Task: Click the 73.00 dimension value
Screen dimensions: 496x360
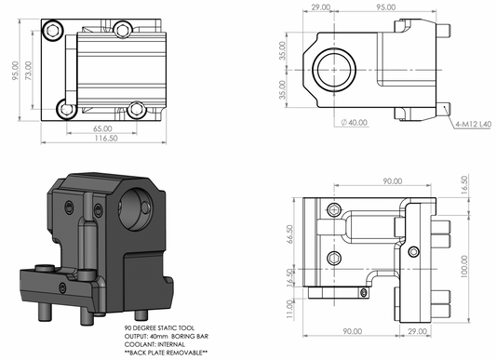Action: [28, 71]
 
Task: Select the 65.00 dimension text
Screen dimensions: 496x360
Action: [102, 128]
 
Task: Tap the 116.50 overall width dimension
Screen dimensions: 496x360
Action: [106, 139]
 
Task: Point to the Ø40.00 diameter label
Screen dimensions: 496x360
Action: [354, 123]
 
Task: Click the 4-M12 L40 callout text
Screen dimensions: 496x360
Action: [474, 125]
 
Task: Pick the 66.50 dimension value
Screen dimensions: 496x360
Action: [289, 234]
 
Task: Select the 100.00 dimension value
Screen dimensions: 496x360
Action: [464, 266]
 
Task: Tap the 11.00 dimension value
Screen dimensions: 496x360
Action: [289, 309]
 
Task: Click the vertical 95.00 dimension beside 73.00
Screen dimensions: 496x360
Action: [15, 71]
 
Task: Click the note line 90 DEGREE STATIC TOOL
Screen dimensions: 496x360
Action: [159, 328]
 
